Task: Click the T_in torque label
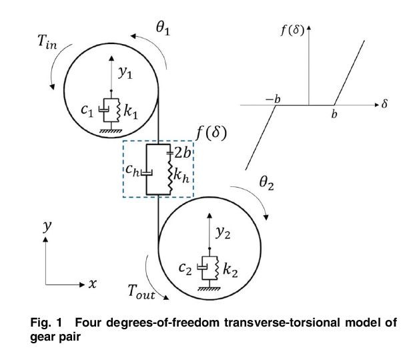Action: tap(47, 42)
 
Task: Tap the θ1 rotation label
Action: tap(163, 28)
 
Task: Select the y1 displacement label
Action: tap(125, 72)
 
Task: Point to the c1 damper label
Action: tap(87, 110)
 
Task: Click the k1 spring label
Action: tap(131, 112)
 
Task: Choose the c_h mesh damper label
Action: tap(132, 170)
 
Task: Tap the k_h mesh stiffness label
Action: tap(181, 175)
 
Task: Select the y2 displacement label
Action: tap(223, 232)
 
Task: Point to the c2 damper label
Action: tap(185, 268)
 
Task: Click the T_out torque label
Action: tap(141, 292)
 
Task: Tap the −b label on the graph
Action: tap(273, 99)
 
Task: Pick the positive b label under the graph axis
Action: tap(334, 114)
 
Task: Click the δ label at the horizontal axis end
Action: tap(384, 104)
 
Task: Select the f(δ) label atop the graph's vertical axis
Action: tap(292, 30)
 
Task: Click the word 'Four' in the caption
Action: tap(88, 322)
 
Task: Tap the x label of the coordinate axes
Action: tap(92, 284)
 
